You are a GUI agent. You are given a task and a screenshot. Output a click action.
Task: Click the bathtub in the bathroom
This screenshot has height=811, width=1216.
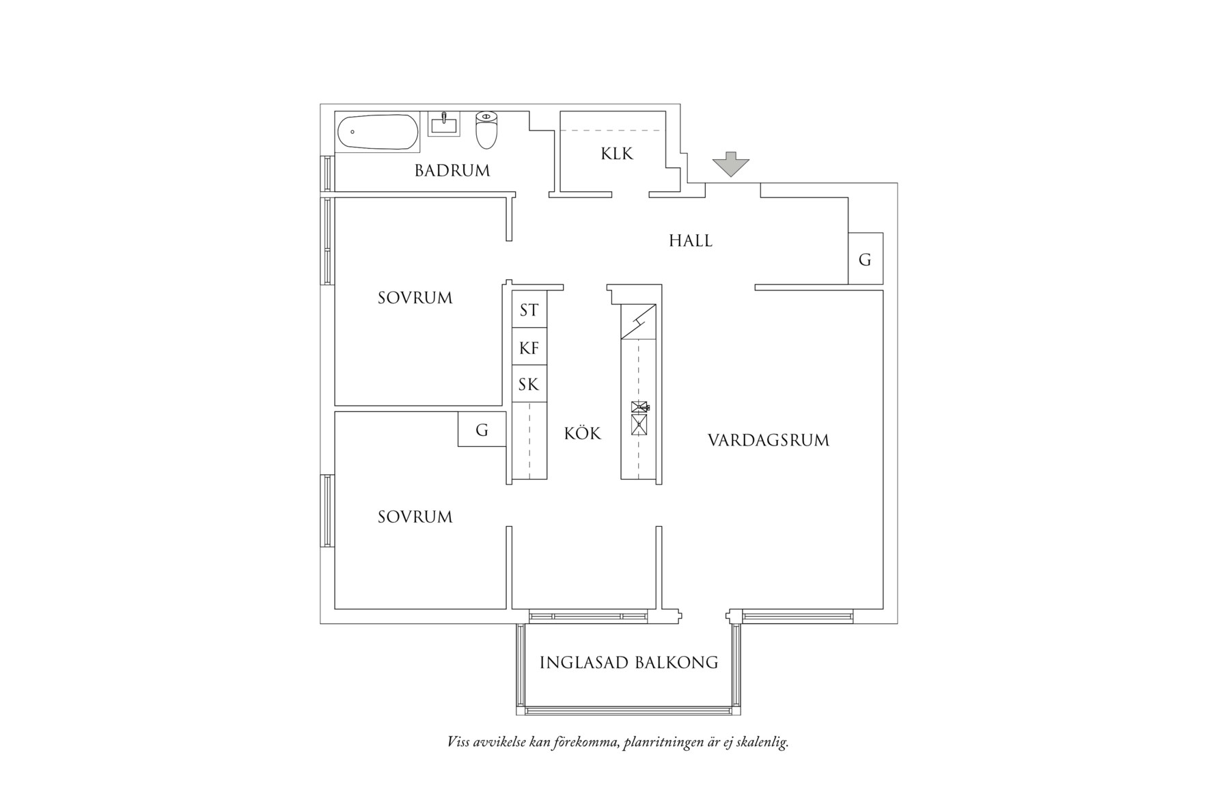[x=377, y=132]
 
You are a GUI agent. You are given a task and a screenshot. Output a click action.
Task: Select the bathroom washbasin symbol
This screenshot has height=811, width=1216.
[x=444, y=124]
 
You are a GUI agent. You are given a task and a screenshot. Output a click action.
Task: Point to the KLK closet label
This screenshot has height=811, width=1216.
[x=617, y=154]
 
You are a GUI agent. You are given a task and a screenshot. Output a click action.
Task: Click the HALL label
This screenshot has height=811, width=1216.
[x=690, y=240]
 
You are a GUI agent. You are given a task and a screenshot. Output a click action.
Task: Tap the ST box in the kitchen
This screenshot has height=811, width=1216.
[x=529, y=310]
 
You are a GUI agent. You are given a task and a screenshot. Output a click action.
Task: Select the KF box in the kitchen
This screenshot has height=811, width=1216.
[x=529, y=348]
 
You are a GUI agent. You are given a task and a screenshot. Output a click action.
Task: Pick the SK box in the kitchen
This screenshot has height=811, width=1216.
[x=529, y=385]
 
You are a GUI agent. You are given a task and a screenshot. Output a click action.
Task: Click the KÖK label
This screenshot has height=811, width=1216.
[x=583, y=433]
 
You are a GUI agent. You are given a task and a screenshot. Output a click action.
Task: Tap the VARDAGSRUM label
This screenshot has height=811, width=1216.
[x=768, y=440]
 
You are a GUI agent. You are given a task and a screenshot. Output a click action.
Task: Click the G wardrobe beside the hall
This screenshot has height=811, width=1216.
[x=865, y=260]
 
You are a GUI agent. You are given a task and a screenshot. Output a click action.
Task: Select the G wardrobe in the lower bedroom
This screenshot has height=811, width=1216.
[x=482, y=430]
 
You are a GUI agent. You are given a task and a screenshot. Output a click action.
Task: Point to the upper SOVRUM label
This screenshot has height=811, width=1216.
[x=415, y=298]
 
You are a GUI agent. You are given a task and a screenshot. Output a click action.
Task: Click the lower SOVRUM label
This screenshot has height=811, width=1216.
[x=415, y=517]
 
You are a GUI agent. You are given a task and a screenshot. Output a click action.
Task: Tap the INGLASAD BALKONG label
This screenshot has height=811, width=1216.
[x=628, y=662]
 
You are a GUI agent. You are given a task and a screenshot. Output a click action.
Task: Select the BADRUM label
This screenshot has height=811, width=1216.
[x=452, y=171]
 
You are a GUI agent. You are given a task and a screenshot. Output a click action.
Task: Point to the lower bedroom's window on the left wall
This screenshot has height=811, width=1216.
[x=327, y=511]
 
